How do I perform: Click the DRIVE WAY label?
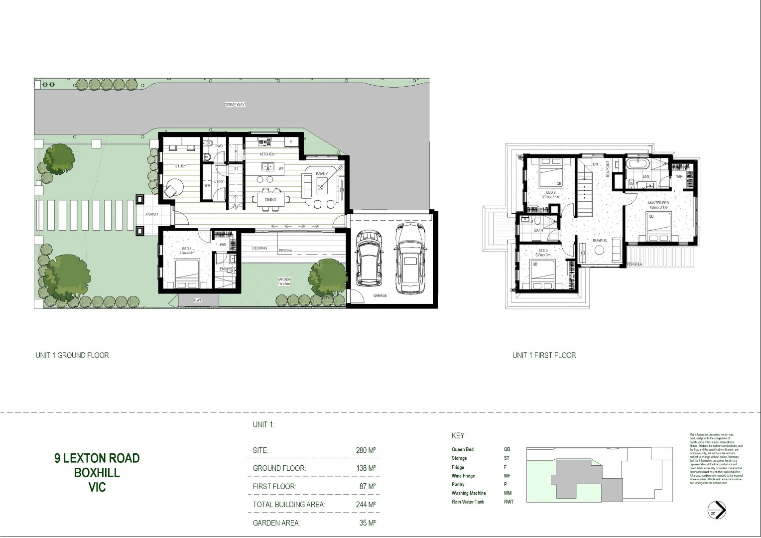pyautogui.click(x=235, y=105)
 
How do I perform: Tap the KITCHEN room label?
pyautogui.click(x=267, y=154)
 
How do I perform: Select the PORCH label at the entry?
pyautogui.click(x=152, y=214)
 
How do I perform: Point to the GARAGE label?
pyautogui.click(x=380, y=295)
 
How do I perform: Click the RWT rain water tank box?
pyautogui.click(x=198, y=300)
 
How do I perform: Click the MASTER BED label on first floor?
pyautogui.click(x=658, y=203)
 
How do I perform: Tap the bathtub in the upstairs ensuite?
pyautogui.click(x=637, y=163)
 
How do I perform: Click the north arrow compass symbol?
pyautogui.click(x=717, y=510)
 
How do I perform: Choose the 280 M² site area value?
pyautogui.click(x=365, y=450)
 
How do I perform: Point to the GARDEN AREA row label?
pyautogui.click(x=276, y=523)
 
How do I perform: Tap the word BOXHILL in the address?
pyautogui.click(x=97, y=472)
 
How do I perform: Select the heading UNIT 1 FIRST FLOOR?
pyautogui.click(x=544, y=355)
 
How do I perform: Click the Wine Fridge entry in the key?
pyautogui.click(x=463, y=476)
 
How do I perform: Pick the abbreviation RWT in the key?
pyautogui.click(x=508, y=502)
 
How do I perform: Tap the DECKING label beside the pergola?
pyautogui.click(x=259, y=248)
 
